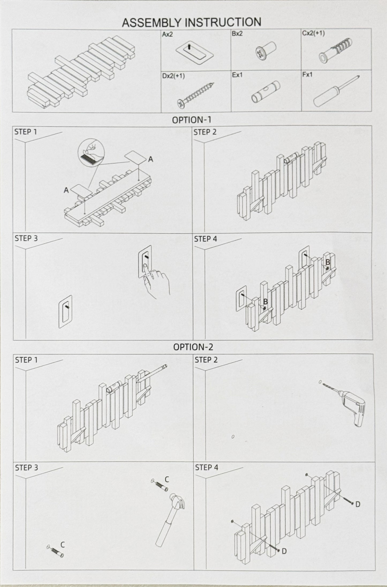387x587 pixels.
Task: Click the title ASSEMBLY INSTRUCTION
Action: coord(191,22)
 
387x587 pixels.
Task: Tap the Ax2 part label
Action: coord(168,35)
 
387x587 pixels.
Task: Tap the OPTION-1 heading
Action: coord(191,120)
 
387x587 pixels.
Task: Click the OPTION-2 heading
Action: coord(193,347)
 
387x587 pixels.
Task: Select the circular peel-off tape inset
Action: coord(91,152)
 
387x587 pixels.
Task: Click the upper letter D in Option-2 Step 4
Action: coord(358,505)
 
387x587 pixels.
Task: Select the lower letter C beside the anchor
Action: coord(63,544)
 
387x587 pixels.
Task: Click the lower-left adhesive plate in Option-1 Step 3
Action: coord(65,311)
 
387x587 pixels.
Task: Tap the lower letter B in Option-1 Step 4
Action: coord(265,302)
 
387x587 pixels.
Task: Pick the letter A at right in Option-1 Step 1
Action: coord(151,159)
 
